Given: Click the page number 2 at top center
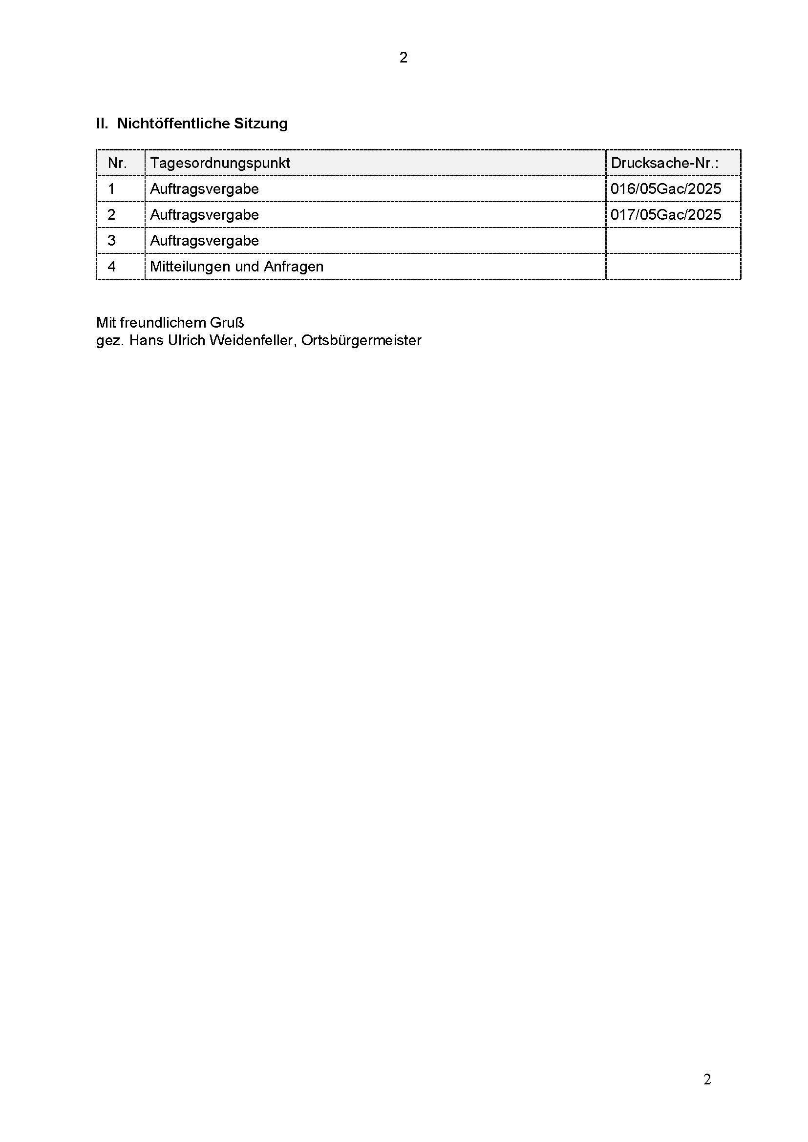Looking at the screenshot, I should [404, 58].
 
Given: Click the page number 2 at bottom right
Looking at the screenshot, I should [707, 1080].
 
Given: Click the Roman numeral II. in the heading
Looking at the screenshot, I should [102, 124].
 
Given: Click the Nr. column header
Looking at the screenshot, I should [117, 163].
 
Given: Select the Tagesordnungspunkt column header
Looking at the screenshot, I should [220, 163].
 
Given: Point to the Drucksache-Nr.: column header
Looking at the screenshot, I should [665, 163].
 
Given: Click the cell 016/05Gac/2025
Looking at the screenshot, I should [666, 189].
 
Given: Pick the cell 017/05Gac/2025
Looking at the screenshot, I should [666, 215].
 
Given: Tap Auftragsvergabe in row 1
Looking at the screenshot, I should [205, 189].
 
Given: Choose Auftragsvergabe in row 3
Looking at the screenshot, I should [205, 241].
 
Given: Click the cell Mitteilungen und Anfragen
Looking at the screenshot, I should [237, 267].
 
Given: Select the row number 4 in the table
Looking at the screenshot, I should [111, 267].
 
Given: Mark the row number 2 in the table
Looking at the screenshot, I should [111, 215].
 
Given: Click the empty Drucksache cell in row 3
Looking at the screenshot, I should [673, 241].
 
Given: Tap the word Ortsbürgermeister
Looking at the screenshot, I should [361, 341].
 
